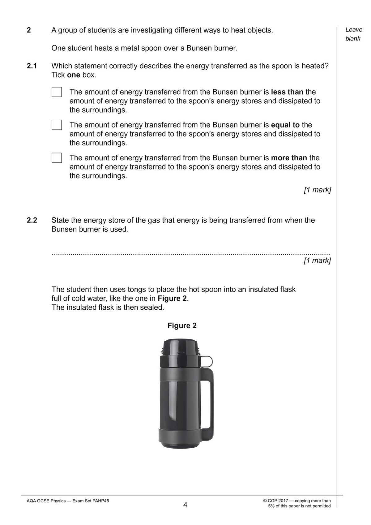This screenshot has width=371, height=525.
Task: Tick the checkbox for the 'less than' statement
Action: click(x=57, y=92)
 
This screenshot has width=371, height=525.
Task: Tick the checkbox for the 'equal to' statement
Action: click(x=57, y=125)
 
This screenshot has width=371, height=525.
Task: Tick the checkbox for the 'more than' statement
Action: click(x=57, y=158)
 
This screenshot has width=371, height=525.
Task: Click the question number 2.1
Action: click(x=32, y=66)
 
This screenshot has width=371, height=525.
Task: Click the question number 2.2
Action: click(x=32, y=220)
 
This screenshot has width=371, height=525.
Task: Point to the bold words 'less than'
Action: click(x=287, y=92)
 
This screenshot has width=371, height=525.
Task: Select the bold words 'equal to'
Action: click(x=285, y=125)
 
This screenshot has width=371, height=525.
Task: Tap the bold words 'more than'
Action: click(x=289, y=158)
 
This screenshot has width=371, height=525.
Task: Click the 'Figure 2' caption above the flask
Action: click(x=182, y=325)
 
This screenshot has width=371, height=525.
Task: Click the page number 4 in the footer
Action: click(x=185, y=505)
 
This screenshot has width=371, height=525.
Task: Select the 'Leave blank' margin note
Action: click(x=353, y=34)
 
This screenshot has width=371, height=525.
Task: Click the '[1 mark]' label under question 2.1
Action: click(x=317, y=190)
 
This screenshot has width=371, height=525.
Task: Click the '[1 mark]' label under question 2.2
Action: click(x=317, y=260)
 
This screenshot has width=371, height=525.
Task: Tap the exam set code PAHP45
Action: click(x=101, y=501)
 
